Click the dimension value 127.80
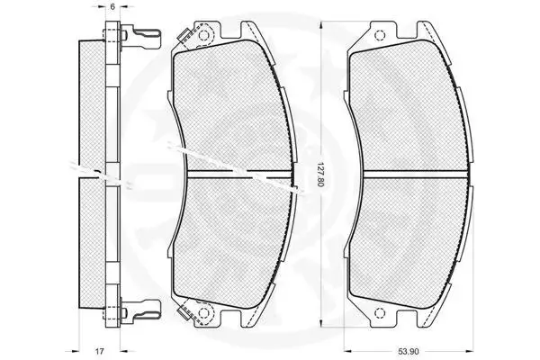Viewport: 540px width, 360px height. point(319,175)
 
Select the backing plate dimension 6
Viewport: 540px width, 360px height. point(112,6)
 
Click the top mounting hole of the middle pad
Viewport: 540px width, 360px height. point(203,35)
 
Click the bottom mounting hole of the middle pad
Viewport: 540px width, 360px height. point(203,313)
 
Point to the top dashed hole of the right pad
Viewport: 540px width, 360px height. point(380,35)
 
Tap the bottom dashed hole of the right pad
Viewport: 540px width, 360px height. point(380,313)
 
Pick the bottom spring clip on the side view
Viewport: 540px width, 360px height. point(141,310)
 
